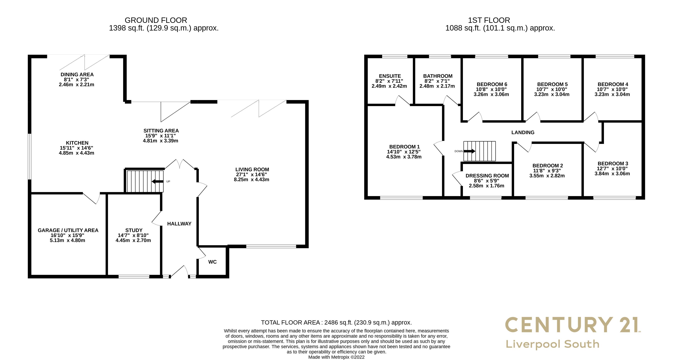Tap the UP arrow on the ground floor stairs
[x=158, y=181]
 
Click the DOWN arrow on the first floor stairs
[x=469, y=151]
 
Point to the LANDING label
[x=523, y=132]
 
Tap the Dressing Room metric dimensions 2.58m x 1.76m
[x=486, y=186]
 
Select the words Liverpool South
[x=552, y=344]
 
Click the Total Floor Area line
[x=336, y=323]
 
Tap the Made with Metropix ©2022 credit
[x=336, y=357]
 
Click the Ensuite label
[x=390, y=76]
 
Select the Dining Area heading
[x=77, y=74]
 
